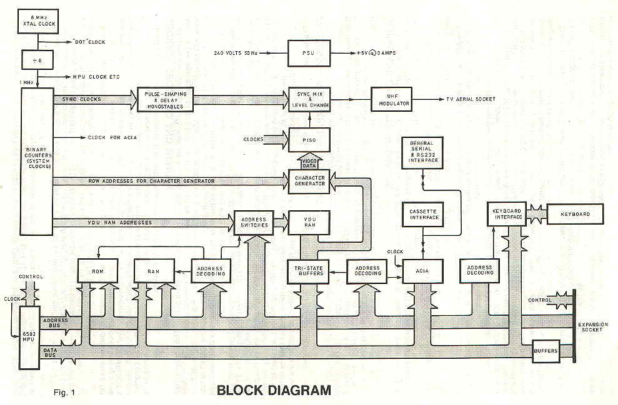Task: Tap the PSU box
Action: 308,52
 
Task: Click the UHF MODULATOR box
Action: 391,99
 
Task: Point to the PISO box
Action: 308,139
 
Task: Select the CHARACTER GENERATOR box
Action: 309,181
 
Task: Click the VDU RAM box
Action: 308,222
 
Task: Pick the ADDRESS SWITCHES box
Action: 252,222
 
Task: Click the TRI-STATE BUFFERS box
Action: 308,271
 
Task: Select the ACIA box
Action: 423,271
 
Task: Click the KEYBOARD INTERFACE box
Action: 507,214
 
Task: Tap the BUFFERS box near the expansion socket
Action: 545,351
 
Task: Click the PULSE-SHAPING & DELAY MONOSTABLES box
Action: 166,99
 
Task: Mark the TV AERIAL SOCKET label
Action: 471,99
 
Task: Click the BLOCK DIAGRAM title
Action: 273,391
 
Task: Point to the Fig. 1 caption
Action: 64,392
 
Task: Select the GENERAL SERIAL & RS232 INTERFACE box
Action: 422,152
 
